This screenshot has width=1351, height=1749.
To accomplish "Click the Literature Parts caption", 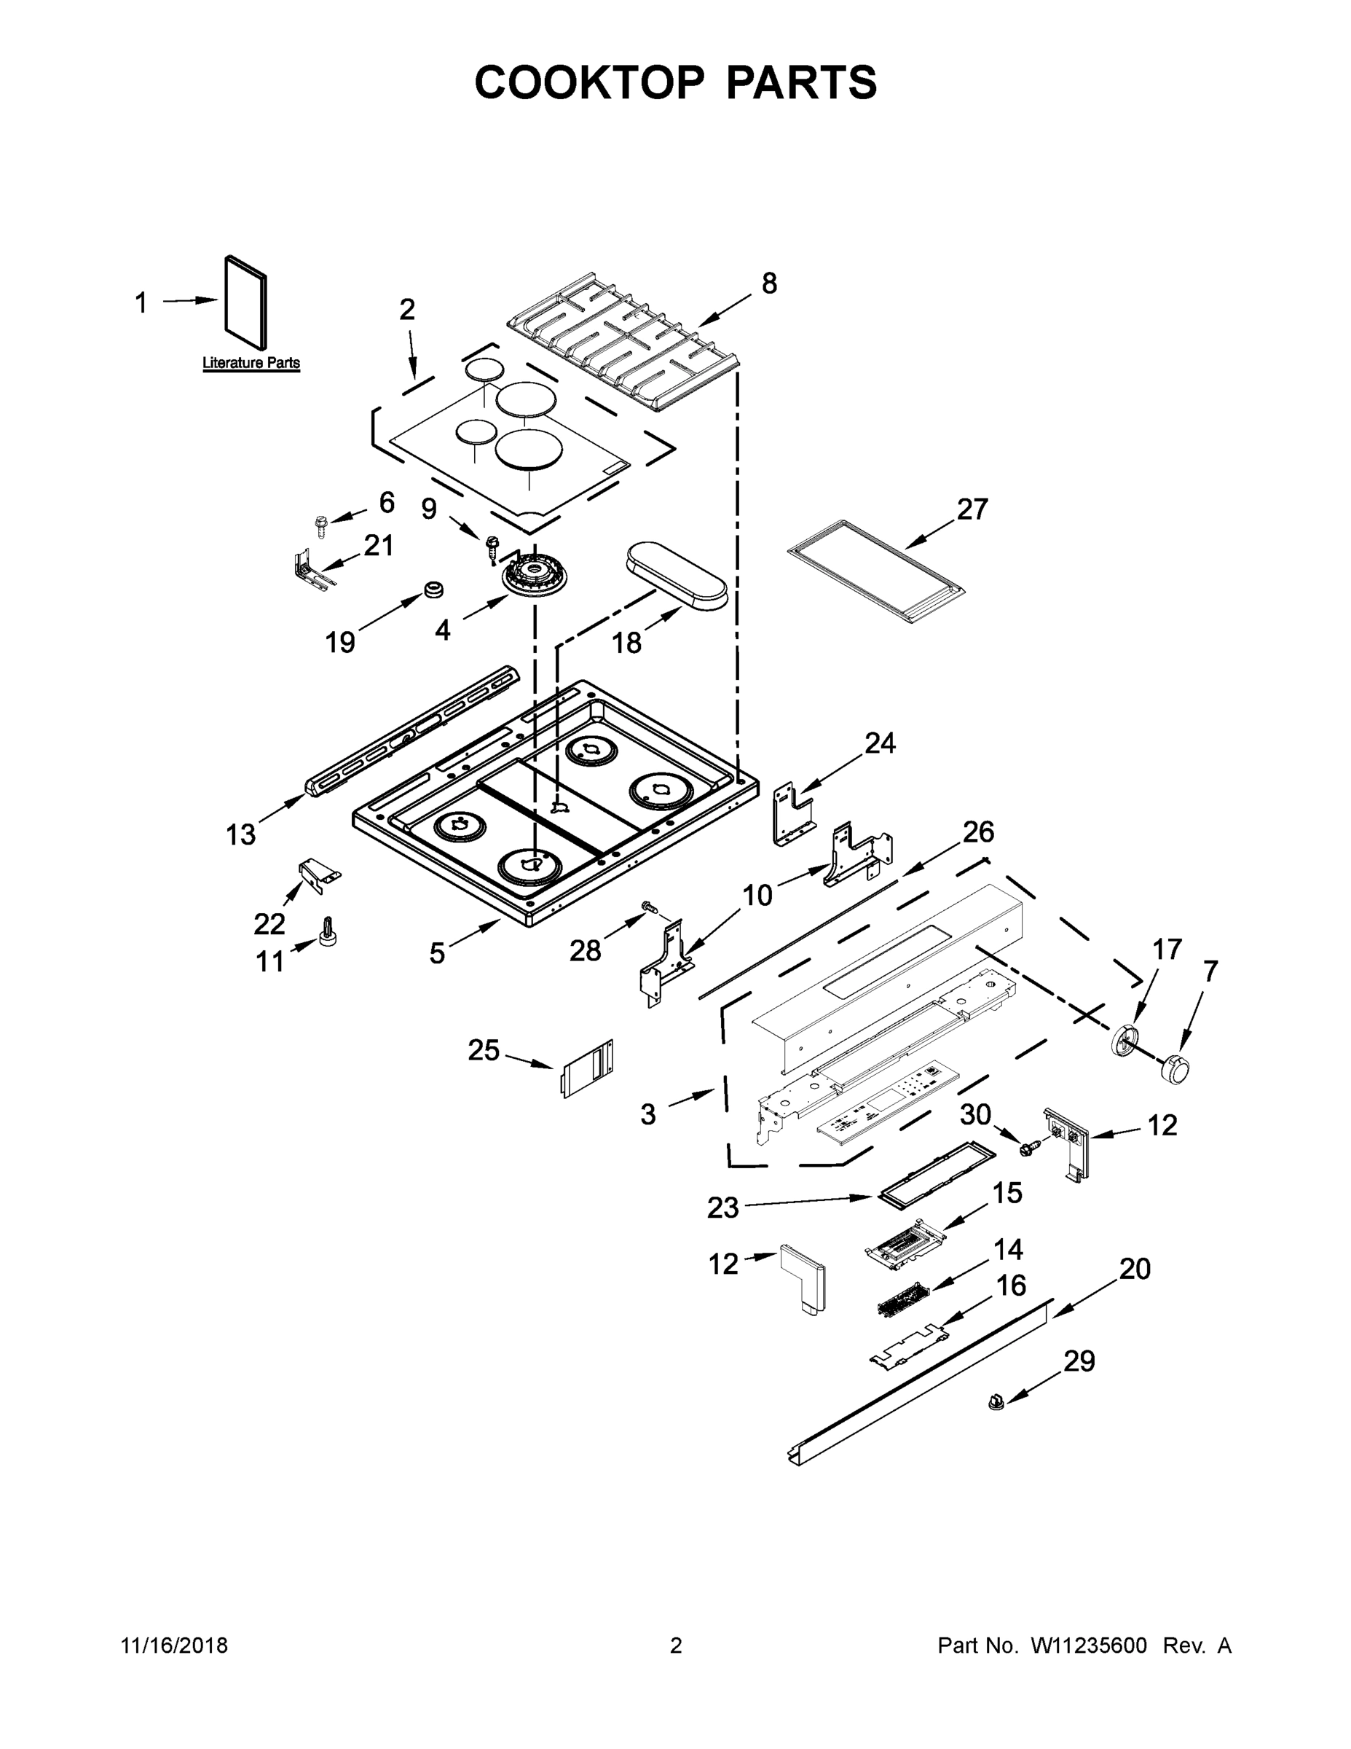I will pyautogui.click(x=251, y=363).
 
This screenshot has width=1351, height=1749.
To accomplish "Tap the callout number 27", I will pyautogui.click(x=972, y=509).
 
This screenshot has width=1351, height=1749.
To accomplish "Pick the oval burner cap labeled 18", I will pyautogui.click(x=678, y=576).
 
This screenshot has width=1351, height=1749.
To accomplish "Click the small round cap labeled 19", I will pyautogui.click(x=434, y=590).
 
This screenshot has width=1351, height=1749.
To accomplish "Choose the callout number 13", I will pyautogui.click(x=240, y=834).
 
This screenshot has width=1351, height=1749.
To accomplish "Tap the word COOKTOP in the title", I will pyautogui.click(x=590, y=82).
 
